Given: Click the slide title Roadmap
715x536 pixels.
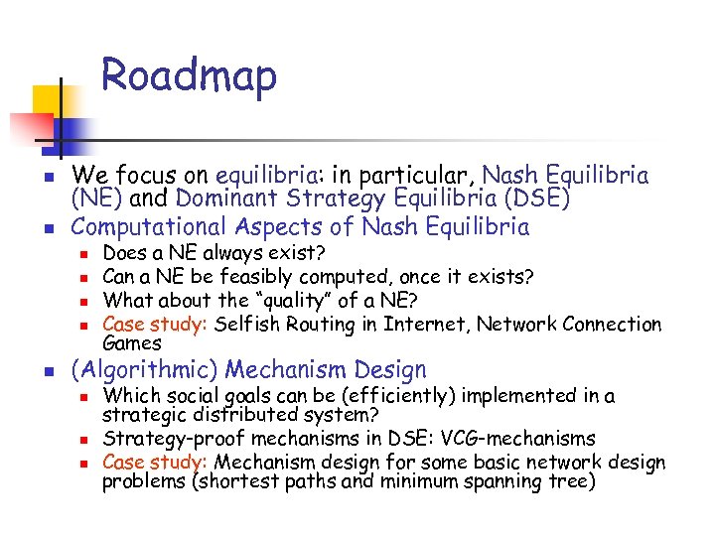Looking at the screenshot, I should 189,77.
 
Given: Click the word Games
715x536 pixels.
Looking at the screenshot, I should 132,342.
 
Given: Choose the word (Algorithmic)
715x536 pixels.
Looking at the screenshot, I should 144,370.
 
